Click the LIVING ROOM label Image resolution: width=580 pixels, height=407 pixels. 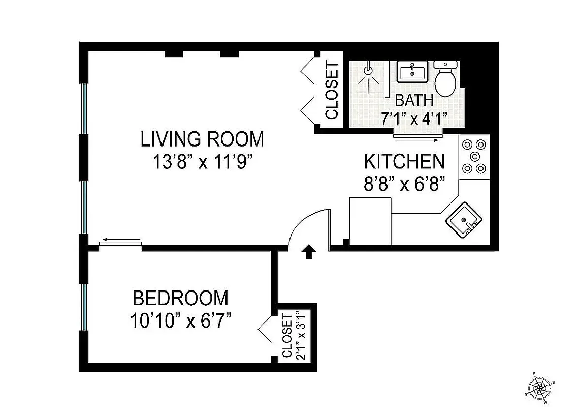click(x=202, y=139)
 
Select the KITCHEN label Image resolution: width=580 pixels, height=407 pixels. click(x=404, y=161)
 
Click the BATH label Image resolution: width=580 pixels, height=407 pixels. click(x=414, y=100)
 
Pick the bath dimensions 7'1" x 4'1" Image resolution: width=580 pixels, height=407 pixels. click(x=414, y=119)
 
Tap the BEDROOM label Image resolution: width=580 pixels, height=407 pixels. click(x=180, y=298)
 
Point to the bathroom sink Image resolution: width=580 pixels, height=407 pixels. click(x=412, y=72)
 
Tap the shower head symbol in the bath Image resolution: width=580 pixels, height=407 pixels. click(x=368, y=73)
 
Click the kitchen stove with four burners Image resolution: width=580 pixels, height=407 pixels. click(x=474, y=156)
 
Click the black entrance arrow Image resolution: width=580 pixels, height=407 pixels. click(x=308, y=252)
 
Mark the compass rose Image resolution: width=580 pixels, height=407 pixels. click(x=541, y=389)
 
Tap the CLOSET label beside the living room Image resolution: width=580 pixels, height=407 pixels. click(x=332, y=91)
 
